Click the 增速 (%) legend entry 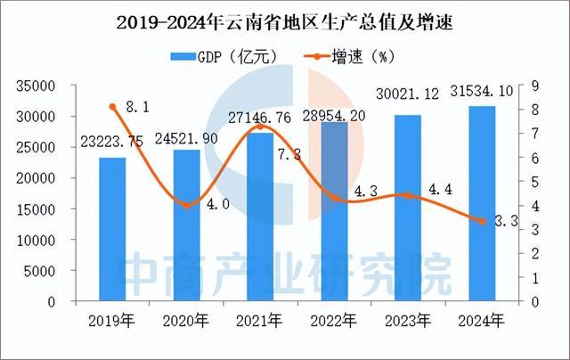(x=356, y=56)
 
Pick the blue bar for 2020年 (x=186, y=225)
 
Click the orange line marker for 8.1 (x=112, y=107)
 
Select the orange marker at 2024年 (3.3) (x=481, y=221)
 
